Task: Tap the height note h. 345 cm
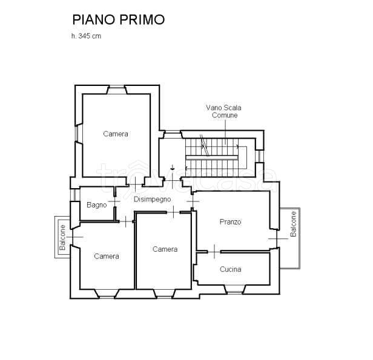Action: [x=86, y=36]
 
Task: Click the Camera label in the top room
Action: [x=115, y=134]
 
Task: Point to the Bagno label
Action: [x=97, y=205]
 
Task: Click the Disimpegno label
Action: [x=152, y=199]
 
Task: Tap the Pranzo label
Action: [x=230, y=222]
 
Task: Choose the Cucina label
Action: [x=231, y=270]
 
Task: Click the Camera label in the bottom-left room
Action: [x=107, y=257]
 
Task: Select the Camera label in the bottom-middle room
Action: [x=165, y=249]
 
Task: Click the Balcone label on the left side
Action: [x=62, y=237]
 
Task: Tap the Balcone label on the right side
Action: [x=293, y=224]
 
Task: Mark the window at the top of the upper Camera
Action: [x=117, y=90]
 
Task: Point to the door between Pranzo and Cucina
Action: [x=215, y=250]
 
